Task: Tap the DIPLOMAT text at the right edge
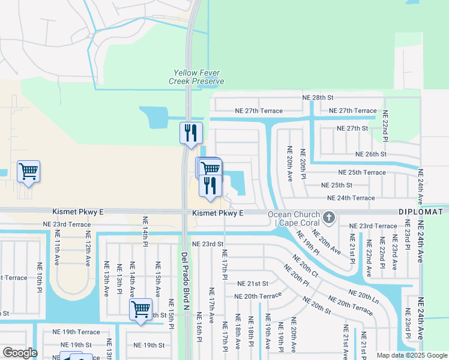click(x=420, y=212)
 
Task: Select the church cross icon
click(x=328, y=216)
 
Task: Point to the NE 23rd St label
click(x=208, y=244)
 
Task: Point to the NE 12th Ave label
click(x=88, y=248)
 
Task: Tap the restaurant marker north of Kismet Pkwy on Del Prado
click(x=191, y=133)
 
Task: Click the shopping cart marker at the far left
click(x=28, y=172)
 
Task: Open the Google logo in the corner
click(x=19, y=353)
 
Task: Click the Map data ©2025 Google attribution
click(x=412, y=355)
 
